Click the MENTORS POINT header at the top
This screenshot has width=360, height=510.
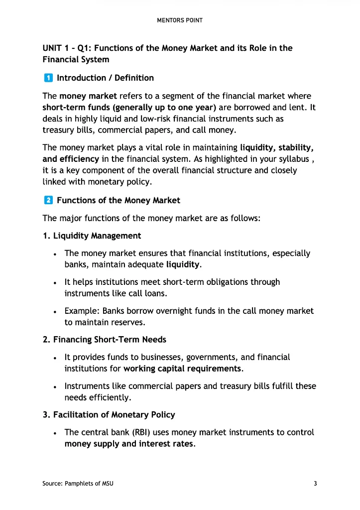[x=180, y=20]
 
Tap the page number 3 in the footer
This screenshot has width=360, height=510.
[x=315, y=484]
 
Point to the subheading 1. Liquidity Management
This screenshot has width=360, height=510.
[x=92, y=236]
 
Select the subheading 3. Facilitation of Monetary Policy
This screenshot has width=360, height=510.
[x=109, y=414]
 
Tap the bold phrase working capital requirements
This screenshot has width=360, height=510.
[x=182, y=369]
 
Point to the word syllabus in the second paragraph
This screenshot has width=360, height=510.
[x=297, y=159]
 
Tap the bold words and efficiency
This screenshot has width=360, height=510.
[x=71, y=159]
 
